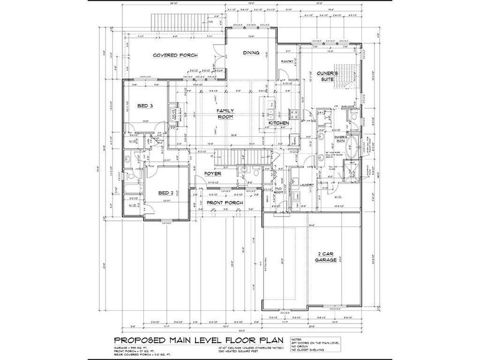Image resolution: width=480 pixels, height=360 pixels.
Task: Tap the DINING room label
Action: (x=251, y=53)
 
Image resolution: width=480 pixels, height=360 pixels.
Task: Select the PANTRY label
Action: (x=286, y=61)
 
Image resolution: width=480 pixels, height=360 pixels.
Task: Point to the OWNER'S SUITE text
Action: (x=328, y=76)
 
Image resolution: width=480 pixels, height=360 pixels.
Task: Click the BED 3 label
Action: (x=145, y=106)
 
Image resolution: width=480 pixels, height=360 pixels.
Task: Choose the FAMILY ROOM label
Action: (x=225, y=114)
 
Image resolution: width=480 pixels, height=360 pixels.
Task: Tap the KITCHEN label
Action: (x=279, y=123)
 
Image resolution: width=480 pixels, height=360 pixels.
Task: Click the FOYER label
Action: (x=213, y=174)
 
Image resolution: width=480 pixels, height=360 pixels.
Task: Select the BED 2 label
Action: (x=166, y=193)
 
